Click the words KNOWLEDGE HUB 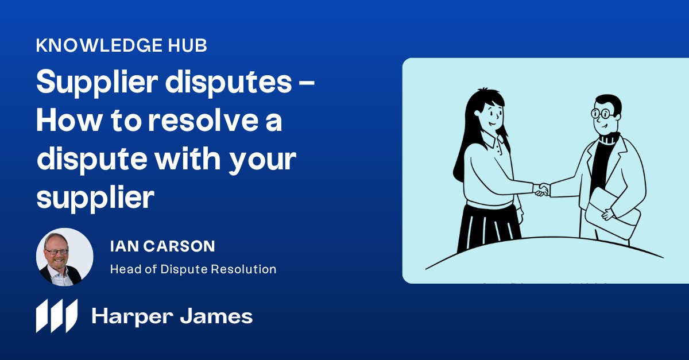121,46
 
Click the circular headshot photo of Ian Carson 64,256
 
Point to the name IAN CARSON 162,247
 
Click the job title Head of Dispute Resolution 193,269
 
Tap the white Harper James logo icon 56,315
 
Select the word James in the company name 218,316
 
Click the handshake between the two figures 541,189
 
